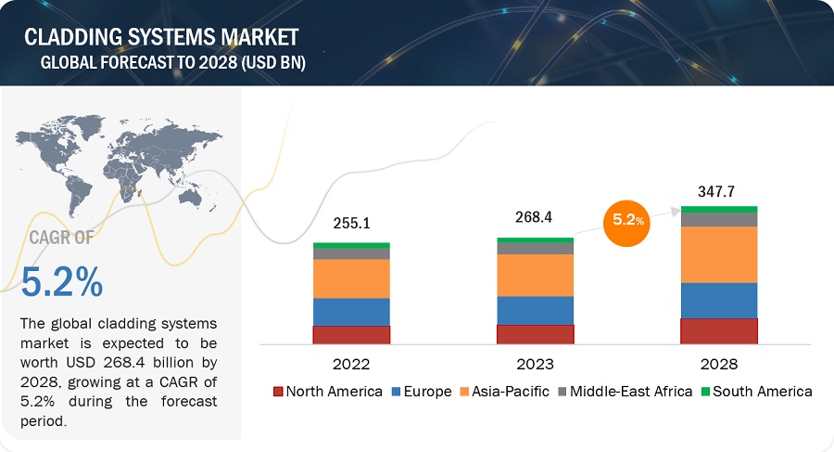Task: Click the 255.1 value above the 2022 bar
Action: point(351,223)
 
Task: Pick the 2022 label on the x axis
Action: point(351,363)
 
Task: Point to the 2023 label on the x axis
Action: point(535,363)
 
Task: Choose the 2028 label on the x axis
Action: point(719,363)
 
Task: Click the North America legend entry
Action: point(328,391)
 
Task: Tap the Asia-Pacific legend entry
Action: point(504,391)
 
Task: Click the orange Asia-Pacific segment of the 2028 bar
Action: point(719,254)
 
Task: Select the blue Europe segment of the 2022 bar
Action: point(351,312)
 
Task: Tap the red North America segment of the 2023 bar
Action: point(535,334)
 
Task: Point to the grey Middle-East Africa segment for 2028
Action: point(719,219)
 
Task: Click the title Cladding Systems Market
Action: point(161,37)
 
